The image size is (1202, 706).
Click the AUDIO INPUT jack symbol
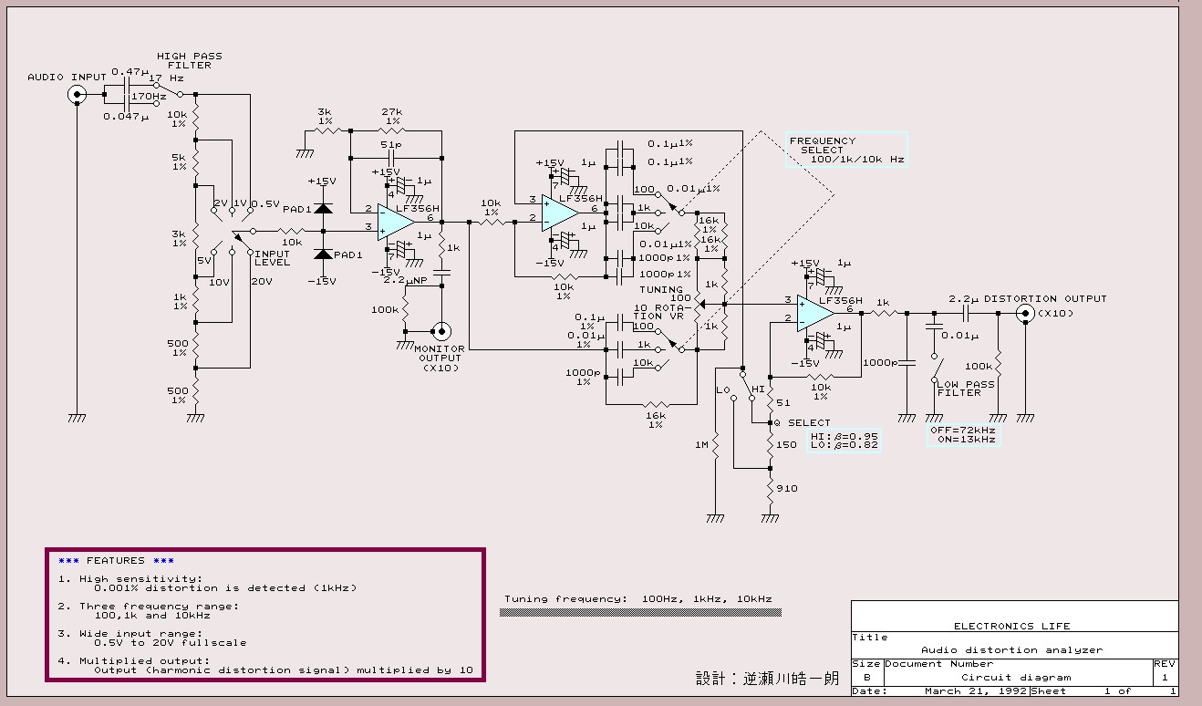click(78, 95)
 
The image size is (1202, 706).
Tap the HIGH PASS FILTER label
click(190, 61)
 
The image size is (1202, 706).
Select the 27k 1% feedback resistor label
click(392, 116)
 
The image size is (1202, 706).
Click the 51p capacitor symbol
click(391, 159)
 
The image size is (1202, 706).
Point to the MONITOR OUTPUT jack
click(441, 331)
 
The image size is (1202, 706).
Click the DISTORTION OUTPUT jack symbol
click(1025, 314)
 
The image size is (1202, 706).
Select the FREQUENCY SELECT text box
click(846, 150)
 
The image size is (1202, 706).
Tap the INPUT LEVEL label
click(272, 258)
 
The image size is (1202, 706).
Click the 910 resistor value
click(787, 489)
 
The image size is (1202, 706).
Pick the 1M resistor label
click(701, 444)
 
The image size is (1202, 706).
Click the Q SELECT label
click(803, 422)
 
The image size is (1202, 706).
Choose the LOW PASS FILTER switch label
click(966, 389)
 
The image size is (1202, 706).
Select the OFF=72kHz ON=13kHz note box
click(964, 435)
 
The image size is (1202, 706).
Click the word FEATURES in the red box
click(116, 560)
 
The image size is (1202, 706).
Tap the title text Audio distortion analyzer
click(1012, 649)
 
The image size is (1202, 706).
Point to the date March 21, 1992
click(976, 691)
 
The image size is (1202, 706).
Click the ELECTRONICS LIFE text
click(1012, 626)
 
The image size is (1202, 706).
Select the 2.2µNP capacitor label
click(405, 280)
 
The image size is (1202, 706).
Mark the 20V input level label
click(262, 281)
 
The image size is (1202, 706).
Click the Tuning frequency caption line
click(638, 598)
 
